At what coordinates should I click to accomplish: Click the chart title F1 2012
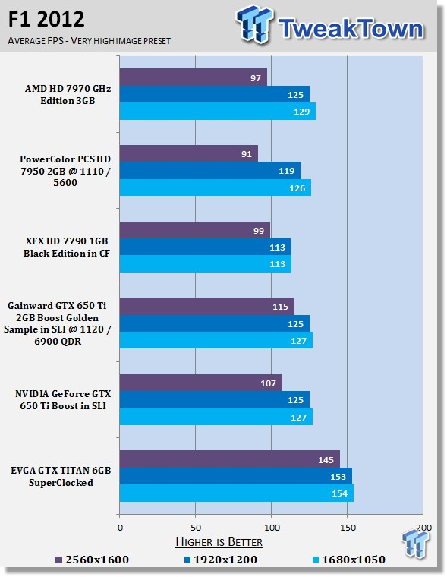[x=46, y=19]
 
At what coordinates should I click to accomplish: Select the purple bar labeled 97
[x=194, y=77]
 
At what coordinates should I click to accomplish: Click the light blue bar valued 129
[x=218, y=112]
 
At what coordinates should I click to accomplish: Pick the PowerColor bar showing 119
[x=209, y=171]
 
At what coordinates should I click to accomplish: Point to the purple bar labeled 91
[x=189, y=154]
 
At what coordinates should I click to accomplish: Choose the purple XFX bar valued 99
[x=194, y=230]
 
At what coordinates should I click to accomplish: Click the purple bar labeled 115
[x=206, y=307]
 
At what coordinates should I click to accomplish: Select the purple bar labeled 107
[x=201, y=383]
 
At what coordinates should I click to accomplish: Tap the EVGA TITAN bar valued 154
[x=237, y=493]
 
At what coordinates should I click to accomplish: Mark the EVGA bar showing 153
[x=236, y=477]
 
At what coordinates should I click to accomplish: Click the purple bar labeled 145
[x=229, y=459]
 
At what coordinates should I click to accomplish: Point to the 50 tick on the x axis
[x=196, y=528]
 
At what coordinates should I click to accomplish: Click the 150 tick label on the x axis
[x=348, y=528]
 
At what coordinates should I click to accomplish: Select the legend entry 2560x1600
[x=92, y=560]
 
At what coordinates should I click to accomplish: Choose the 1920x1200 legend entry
[x=220, y=560]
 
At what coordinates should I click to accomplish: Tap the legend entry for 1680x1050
[x=349, y=560]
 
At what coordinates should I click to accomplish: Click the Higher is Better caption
[x=219, y=541]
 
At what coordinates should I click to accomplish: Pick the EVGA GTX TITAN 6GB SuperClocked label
[x=61, y=477]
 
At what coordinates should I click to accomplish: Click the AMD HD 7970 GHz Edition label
[x=68, y=95]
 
